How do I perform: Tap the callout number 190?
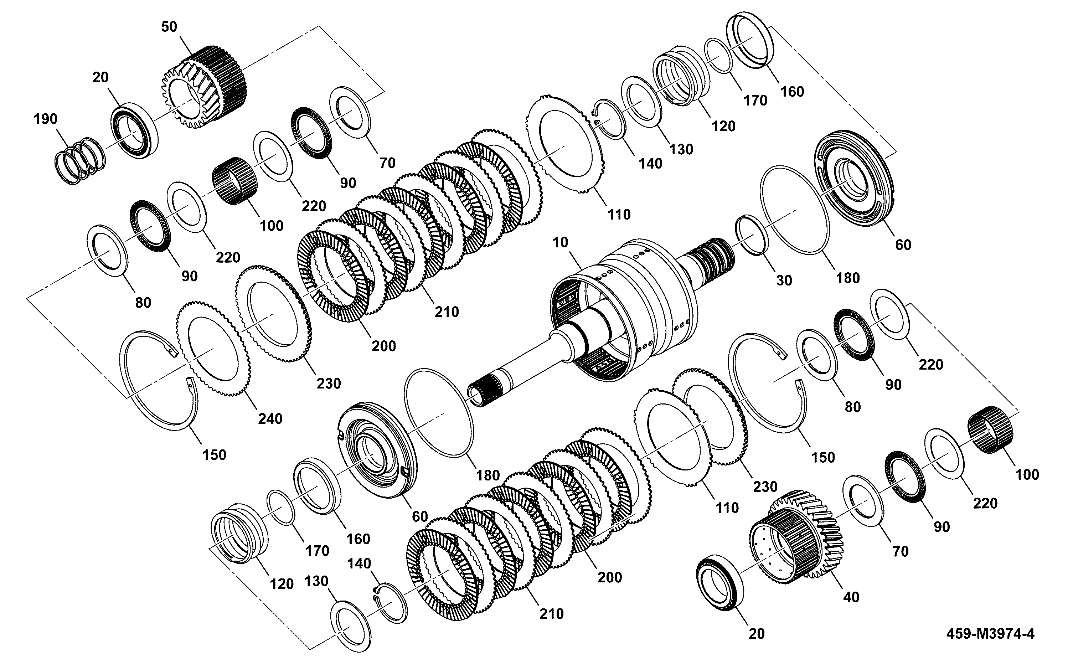(x=45, y=119)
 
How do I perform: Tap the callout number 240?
(x=270, y=418)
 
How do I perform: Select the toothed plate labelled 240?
(x=214, y=348)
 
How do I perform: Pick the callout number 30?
(x=784, y=280)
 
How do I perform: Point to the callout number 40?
(x=851, y=597)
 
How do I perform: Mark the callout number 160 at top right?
(x=792, y=92)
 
